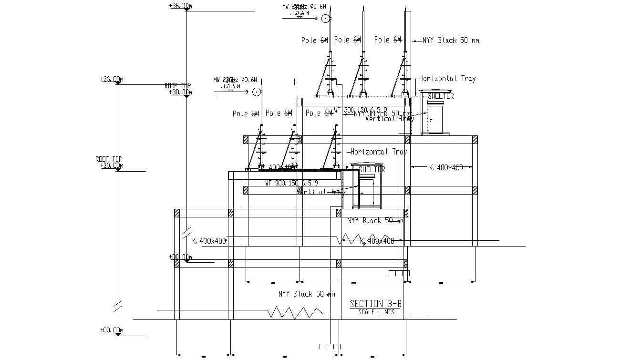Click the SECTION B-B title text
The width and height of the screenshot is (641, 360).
pos(372,304)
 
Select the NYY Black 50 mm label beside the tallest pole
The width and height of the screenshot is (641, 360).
pos(450,41)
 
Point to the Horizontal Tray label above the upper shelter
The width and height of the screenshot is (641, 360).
pos(447,79)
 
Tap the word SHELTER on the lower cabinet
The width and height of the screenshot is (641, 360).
pos(372,169)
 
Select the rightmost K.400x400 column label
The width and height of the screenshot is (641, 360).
pos(445,167)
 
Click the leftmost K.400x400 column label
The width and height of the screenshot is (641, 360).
pos(209,241)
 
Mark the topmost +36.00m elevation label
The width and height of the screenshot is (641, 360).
pos(180,6)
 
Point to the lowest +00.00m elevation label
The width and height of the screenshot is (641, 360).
pos(112,330)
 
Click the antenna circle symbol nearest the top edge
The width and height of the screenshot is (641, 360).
pos(325,19)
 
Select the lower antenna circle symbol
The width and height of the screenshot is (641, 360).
pos(257,92)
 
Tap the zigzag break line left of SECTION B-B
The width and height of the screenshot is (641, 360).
pos(296,313)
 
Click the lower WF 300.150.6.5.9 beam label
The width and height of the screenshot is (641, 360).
pos(291,183)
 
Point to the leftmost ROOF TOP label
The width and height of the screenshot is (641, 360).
pos(109,159)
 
